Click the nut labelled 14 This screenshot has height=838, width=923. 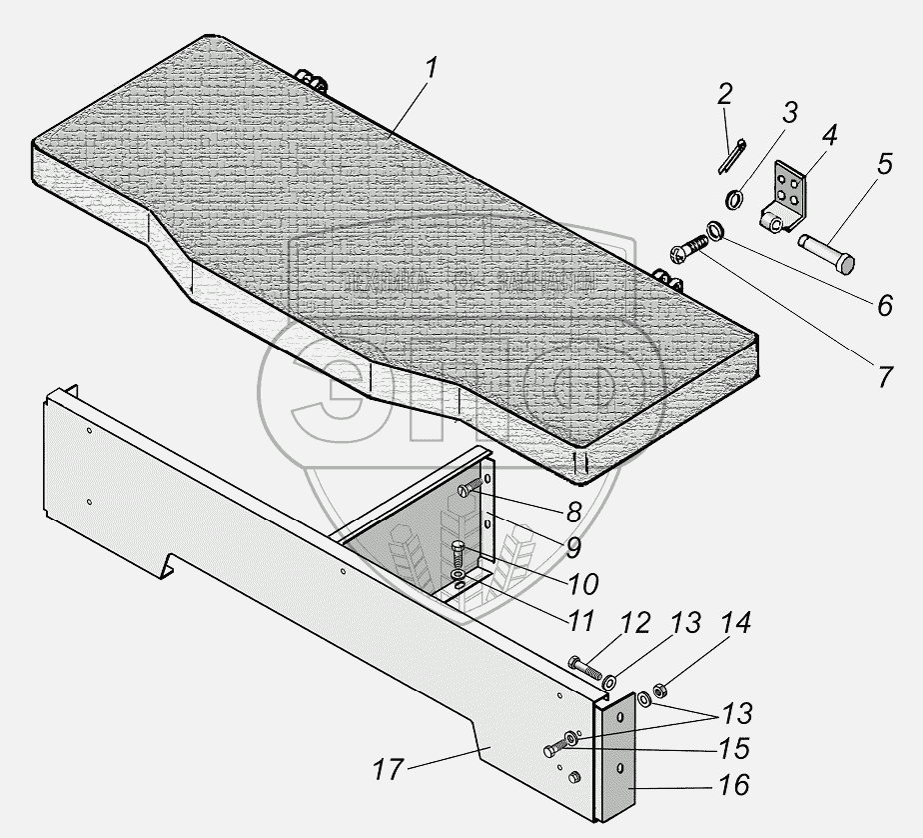click(x=661, y=690)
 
